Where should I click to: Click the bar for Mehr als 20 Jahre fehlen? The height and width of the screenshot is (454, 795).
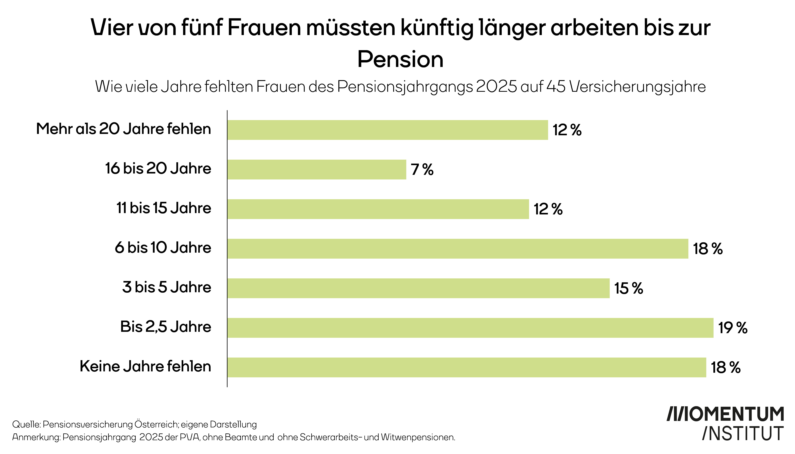[x=387, y=130]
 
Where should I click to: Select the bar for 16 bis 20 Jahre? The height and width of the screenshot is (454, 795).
[x=317, y=170]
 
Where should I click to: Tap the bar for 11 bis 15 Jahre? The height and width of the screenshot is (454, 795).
[x=378, y=209]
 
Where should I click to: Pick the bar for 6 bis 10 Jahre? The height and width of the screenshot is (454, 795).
[x=458, y=249]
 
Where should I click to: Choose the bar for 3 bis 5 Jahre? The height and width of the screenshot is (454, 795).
[x=418, y=288]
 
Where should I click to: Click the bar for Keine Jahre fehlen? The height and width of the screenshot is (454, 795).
[x=467, y=368]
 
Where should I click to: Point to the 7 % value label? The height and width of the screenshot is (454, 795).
[x=422, y=170]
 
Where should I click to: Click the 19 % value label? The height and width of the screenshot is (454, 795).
[x=733, y=328]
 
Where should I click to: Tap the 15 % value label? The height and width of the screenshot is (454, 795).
[x=629, y=288]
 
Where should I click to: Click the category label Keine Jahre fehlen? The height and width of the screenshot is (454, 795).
[x=145, y=366]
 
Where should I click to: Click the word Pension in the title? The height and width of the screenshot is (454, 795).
[x=400, y=59]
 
